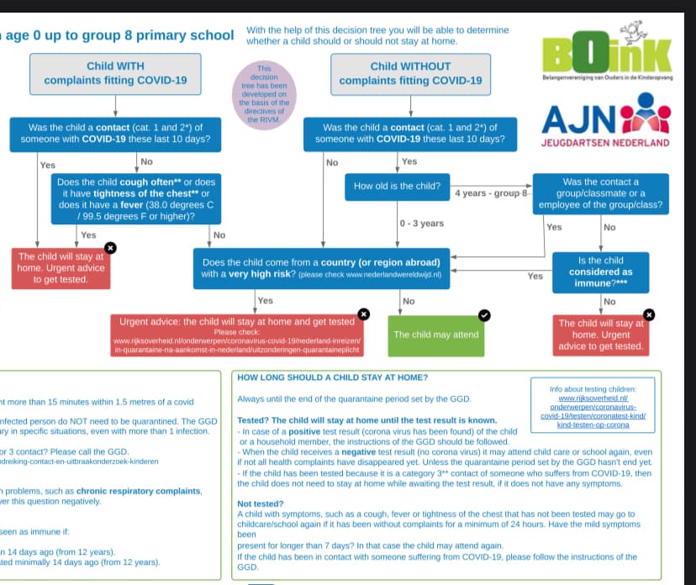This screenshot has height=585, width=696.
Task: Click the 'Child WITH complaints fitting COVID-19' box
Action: coord(115,73)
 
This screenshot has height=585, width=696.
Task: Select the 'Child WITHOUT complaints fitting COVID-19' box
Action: coord(410,73)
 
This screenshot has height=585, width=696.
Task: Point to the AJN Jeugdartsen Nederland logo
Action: coord(605,124)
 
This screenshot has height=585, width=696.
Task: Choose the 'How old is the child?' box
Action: coord(397,187)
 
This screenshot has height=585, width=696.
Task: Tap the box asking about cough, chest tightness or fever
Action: coord(135,199)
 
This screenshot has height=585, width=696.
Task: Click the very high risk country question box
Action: coord(322,268)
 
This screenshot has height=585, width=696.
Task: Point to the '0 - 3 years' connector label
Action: coord(421,224)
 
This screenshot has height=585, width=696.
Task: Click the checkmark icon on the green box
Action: coord(484,314)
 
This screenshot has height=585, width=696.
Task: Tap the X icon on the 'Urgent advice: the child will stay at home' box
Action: coord(363,314)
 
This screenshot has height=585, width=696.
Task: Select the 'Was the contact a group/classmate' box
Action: coord(600,193)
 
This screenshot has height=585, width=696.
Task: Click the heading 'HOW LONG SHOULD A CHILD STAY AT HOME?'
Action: coord(333,377)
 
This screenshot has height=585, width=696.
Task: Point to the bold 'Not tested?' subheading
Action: coord(261,503)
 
